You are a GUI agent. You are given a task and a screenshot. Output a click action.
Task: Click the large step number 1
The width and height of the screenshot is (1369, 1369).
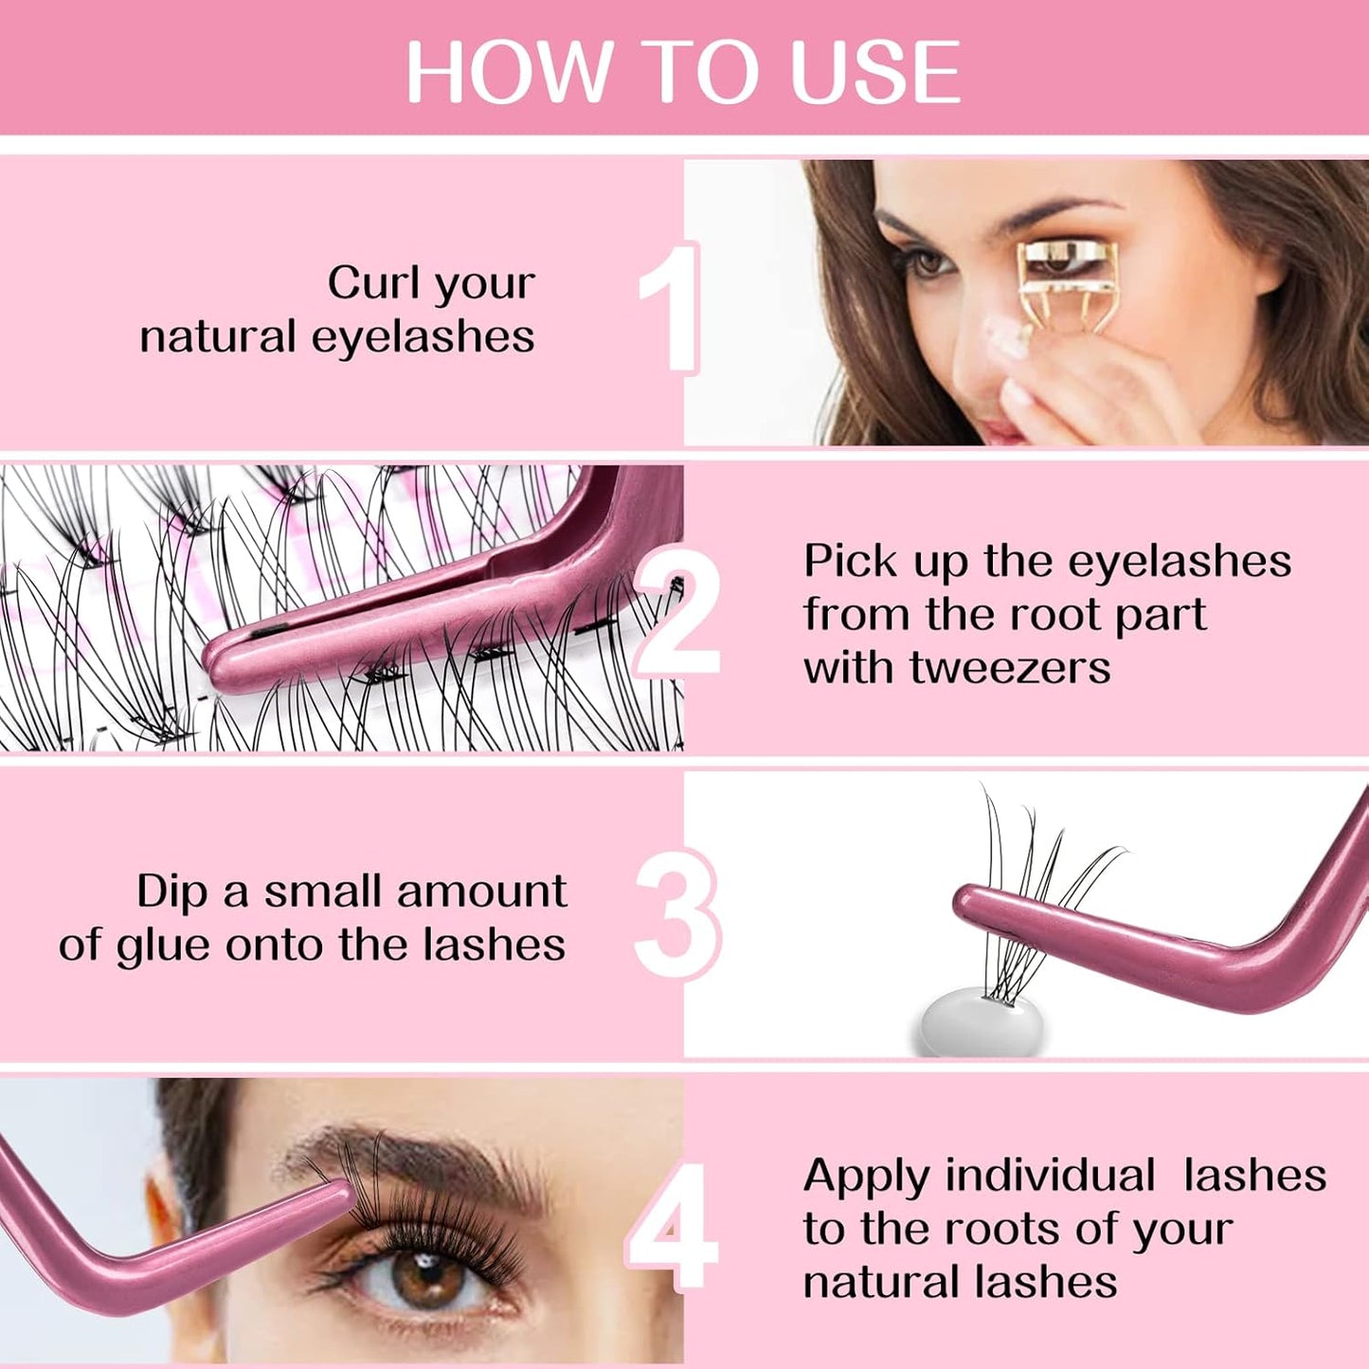(x=670, y=308)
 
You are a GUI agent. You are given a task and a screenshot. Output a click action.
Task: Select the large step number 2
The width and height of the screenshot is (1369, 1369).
(x=677, y=616)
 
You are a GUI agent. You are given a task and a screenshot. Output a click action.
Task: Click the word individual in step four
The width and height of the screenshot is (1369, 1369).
(x=1050, y=1176)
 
